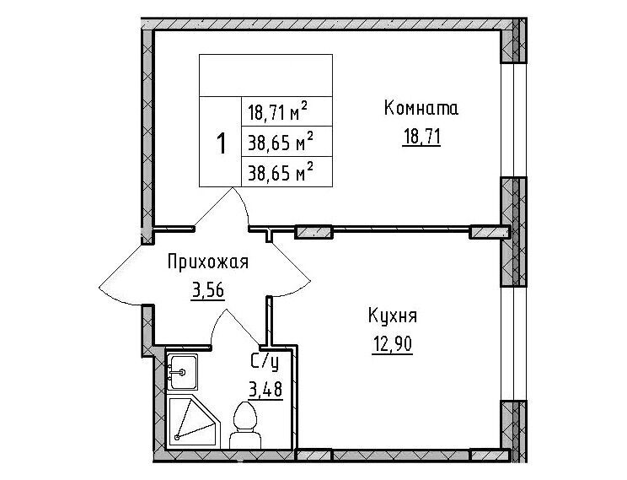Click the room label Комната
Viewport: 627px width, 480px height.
(x=421, y=108)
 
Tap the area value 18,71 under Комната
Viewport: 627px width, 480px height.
(x=421, y=138)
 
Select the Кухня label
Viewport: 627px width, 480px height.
(x=392, y=316)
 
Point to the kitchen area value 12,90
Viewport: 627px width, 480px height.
(x=392, y=344)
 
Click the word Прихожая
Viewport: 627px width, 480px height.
(x=208, y=262)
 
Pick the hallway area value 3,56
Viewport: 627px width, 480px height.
(x=208, y=290)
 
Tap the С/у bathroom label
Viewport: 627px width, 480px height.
(x=265, y=362)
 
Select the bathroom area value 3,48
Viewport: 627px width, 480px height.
(x=265, y=389)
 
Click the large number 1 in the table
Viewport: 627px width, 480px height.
(x=221, y=143)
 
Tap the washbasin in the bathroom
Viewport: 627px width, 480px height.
(x=182, y=372)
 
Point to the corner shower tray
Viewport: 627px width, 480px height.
(x=194, y=422)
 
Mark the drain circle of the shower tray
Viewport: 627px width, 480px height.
(x=177, y=438)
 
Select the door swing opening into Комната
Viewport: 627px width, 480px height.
(x=224, y=208)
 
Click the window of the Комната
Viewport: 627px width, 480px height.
(x=513, y=120)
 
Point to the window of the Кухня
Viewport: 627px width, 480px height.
(x=513, y=343)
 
